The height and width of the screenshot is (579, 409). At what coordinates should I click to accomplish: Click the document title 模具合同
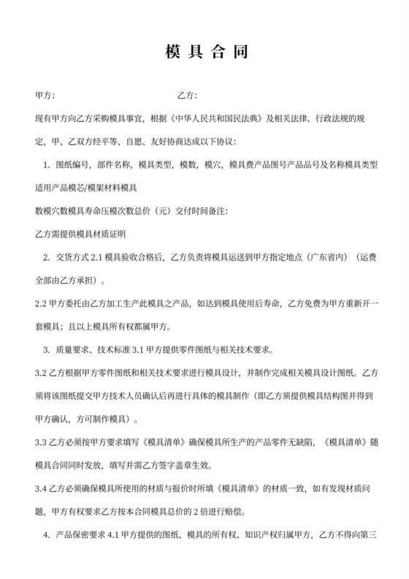pos(204,52)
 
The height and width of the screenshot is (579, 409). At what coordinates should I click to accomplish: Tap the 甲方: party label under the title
pos(45,96)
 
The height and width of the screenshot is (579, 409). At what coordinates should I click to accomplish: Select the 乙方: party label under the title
pos(188,96)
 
